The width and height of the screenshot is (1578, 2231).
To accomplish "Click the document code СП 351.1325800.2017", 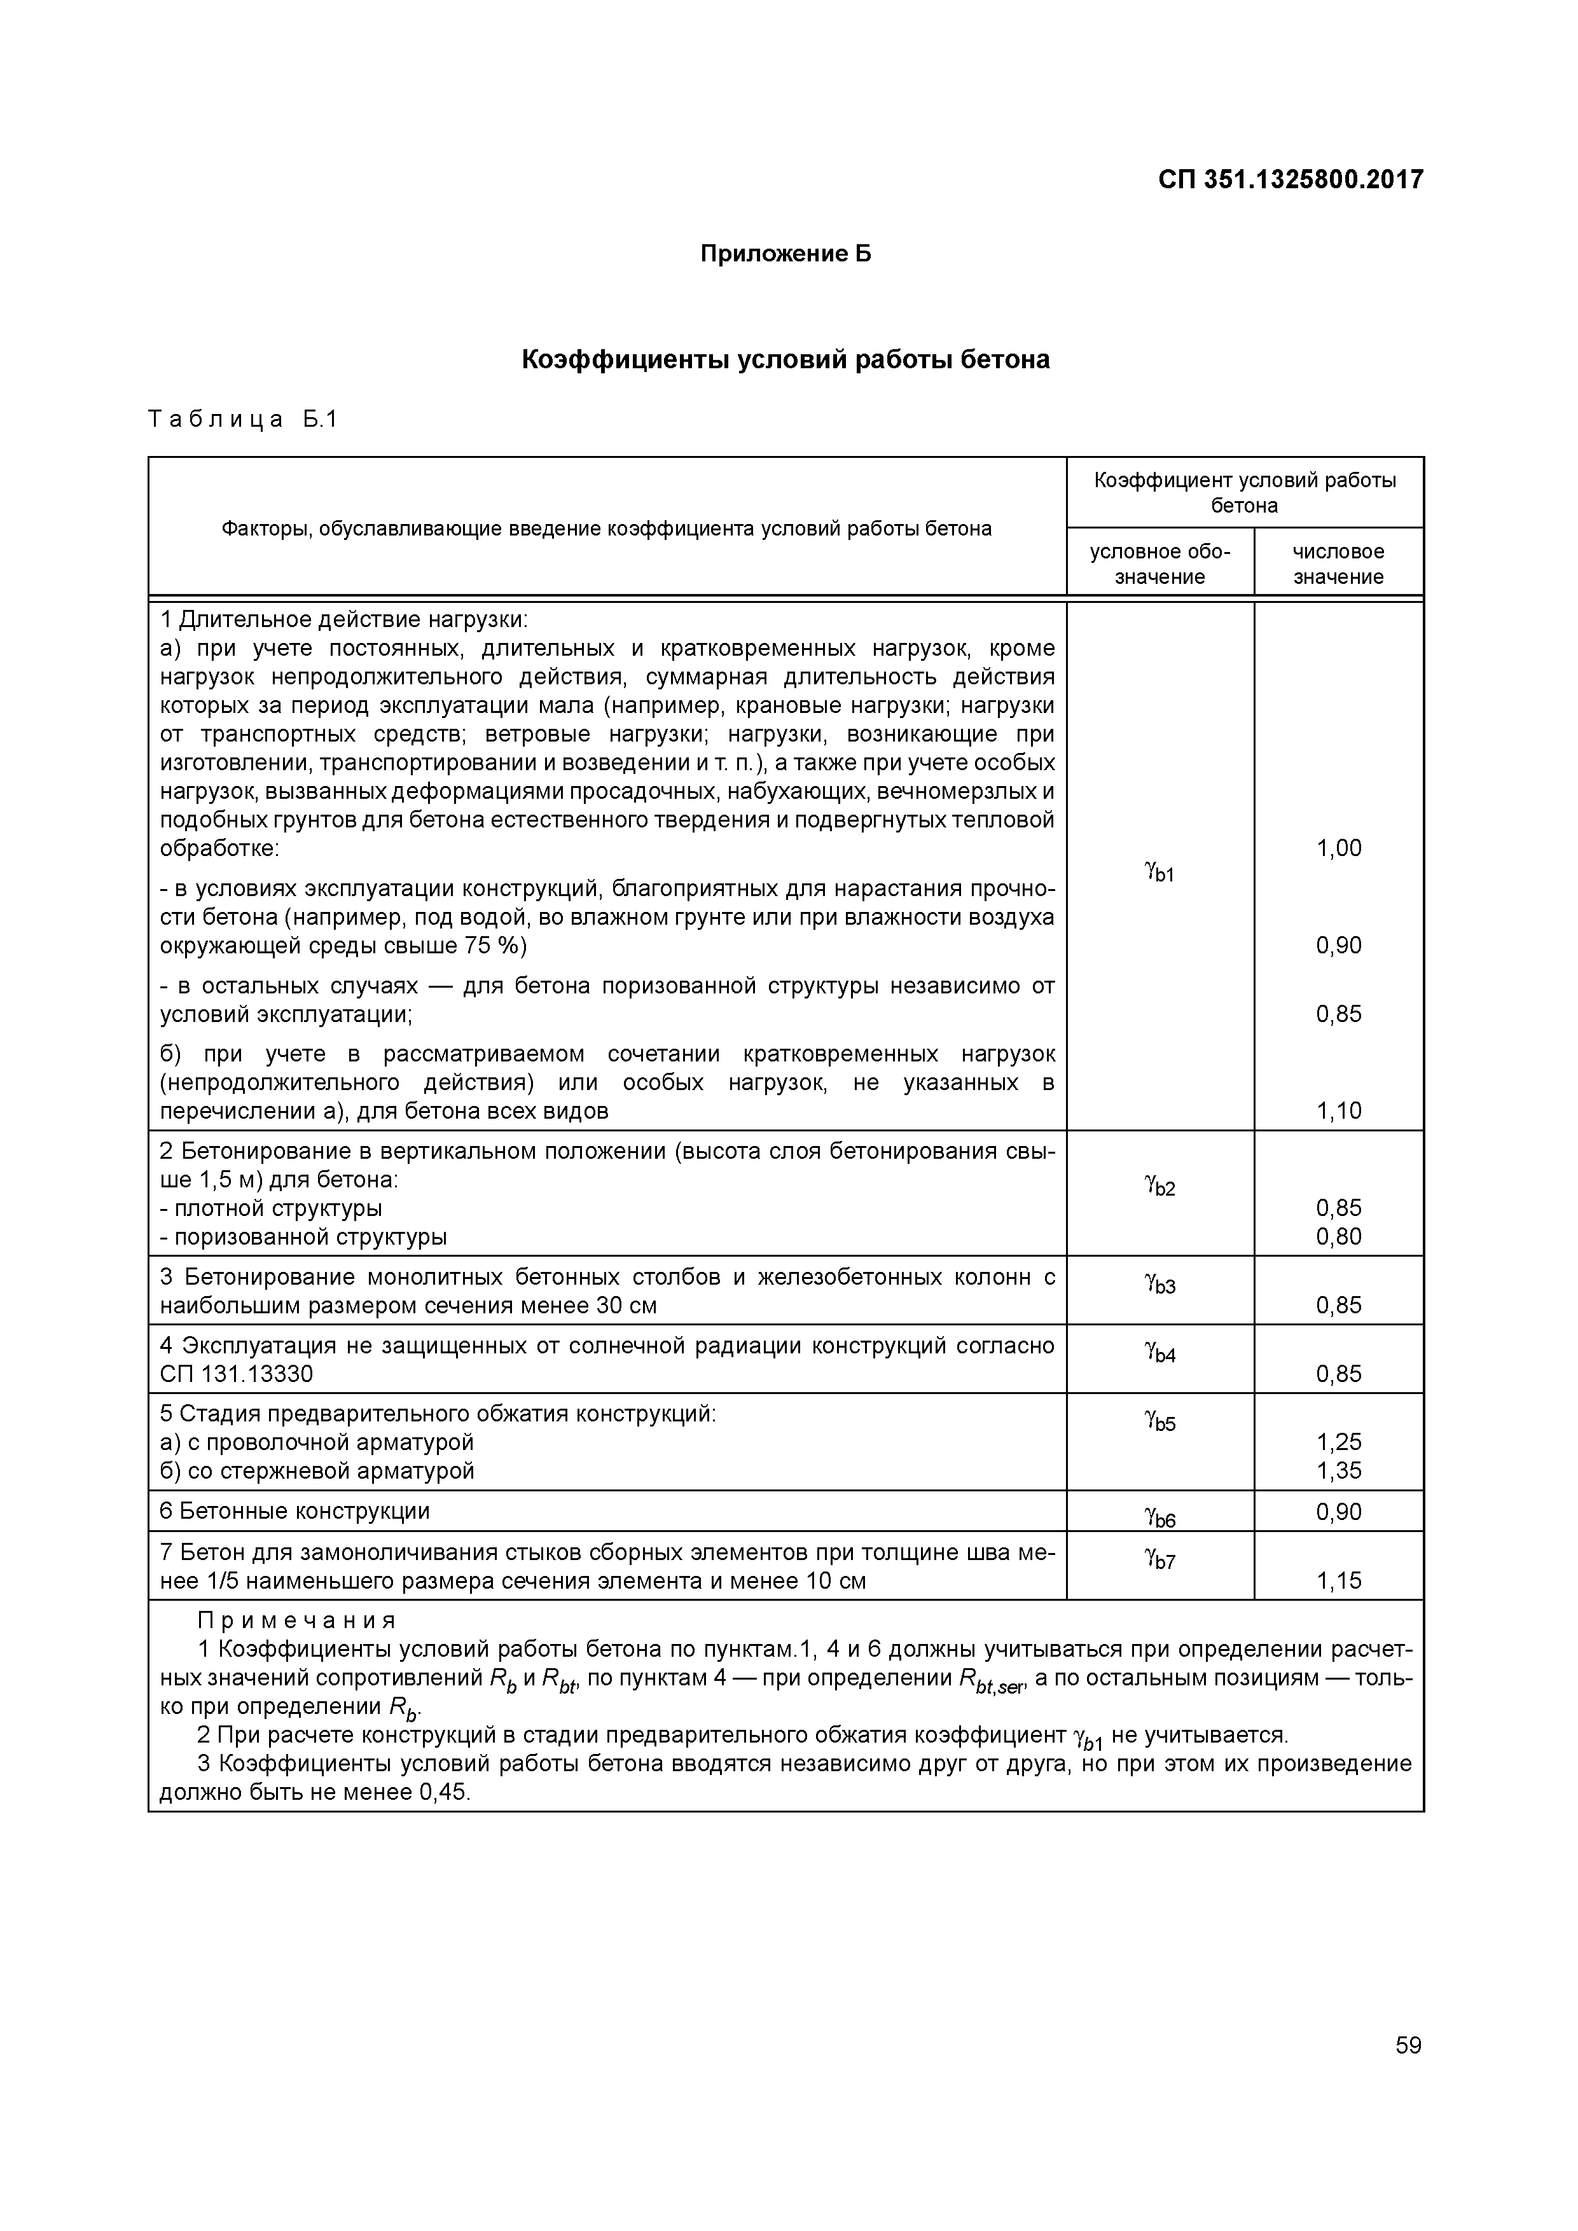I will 1291,180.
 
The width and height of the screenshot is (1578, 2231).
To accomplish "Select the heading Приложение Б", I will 786,254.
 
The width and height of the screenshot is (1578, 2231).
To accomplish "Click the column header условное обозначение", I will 1159,563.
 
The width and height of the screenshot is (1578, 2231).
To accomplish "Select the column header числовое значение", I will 1338,563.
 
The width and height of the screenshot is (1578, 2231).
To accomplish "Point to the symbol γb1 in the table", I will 1159,872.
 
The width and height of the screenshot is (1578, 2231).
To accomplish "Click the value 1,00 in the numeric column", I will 1338,848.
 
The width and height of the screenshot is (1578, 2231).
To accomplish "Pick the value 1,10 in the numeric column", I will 1338,1110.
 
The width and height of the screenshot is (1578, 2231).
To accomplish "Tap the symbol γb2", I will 1159,1187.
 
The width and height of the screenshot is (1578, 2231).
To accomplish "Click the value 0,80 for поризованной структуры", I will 1338,1237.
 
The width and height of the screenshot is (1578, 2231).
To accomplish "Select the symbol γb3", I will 1159,1285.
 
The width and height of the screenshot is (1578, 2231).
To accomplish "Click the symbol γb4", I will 1159,1353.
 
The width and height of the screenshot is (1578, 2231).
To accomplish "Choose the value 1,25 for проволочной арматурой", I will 1338,1442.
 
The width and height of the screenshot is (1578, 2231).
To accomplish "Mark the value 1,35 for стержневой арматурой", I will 1338,1470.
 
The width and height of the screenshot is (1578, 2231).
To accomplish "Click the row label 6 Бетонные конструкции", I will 294,1511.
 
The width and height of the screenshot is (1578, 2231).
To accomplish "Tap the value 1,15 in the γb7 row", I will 1338,1581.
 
